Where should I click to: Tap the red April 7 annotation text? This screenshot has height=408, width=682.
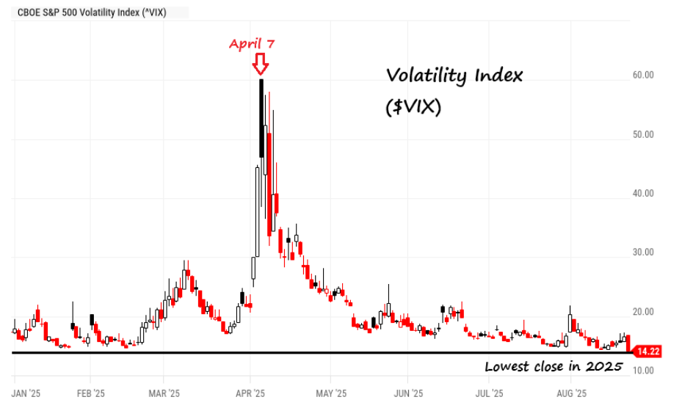coord(252,44)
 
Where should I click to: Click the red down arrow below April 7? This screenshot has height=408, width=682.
coord(260,65)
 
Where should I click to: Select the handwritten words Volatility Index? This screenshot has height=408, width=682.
coord(454,76)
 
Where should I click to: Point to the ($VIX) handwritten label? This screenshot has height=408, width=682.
coord(413,107)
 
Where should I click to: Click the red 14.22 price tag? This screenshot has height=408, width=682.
coord(647,351)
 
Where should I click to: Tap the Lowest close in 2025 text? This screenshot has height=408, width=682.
coord(554,366)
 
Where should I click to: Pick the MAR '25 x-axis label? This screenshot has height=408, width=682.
coord(164,393)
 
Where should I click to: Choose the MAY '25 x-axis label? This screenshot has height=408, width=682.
coord(330,393)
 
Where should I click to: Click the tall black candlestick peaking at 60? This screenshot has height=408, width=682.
coord(261,117)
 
